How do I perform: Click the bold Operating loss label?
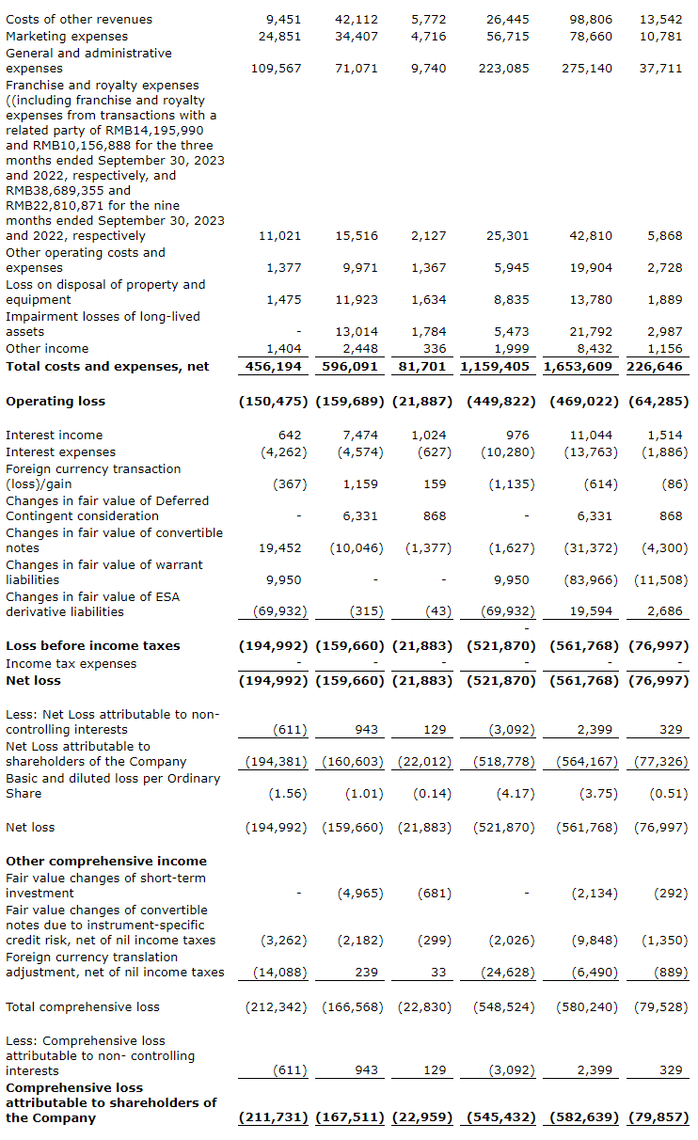56,402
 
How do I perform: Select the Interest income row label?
55,435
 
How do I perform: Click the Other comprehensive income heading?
106,862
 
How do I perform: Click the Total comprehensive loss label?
83,1007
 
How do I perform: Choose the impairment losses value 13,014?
357,332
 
